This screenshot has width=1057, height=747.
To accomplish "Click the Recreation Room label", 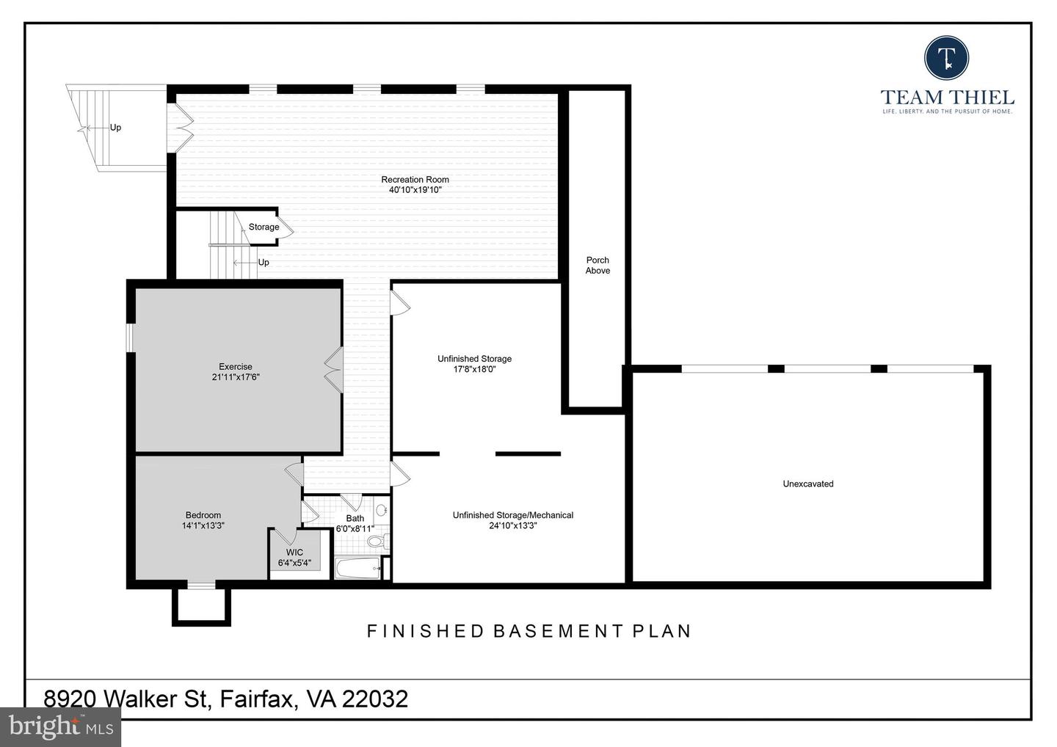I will coord(415,179).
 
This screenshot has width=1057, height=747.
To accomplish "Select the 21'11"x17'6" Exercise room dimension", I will coord(236,377).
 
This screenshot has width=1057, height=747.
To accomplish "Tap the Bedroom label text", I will coord(203,515).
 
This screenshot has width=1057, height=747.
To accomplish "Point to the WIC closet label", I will coord(294,553).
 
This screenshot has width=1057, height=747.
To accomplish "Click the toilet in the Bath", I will coord(376,542).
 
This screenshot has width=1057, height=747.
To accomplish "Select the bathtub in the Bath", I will coord(357,568).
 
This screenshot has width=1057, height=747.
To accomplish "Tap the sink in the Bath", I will coord(382,510).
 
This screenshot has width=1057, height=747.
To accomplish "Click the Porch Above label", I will coord(597,265).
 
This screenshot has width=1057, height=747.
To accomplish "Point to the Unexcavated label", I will coord(808,484).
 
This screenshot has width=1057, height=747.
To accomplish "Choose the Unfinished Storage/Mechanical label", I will coord(512,515).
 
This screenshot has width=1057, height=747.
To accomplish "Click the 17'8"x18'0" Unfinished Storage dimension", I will coord(474,369).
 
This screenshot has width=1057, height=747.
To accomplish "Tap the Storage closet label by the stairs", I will coord(264,227).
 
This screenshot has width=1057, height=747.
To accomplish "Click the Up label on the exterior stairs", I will coord(115,128).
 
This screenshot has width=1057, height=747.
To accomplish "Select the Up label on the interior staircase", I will coord(264,263).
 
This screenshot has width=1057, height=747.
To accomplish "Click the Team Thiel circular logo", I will coord(947,57).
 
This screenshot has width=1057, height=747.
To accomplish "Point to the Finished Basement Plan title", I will coord(528,631).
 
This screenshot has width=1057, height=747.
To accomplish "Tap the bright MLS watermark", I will coord(60,726).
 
